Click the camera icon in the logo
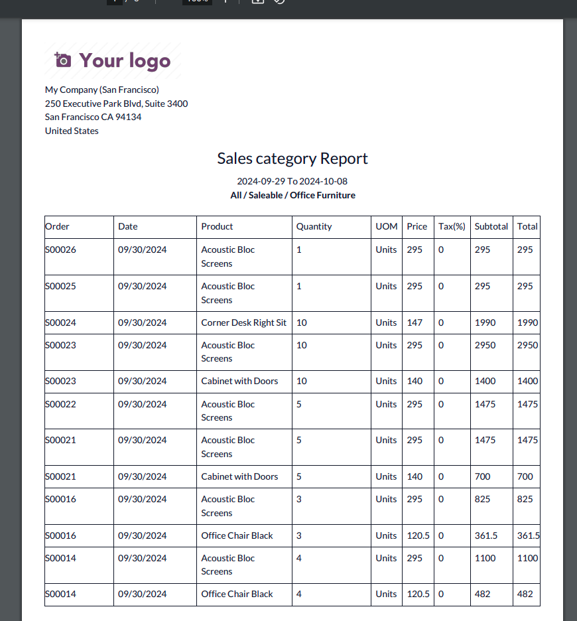pyautogui.click(x=62, y=60)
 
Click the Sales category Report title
pyautogui.click(x=292, y=159)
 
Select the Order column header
pyautogui.click(x=57, y=226)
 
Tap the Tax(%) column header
pyautogui.click(x=452, y=226)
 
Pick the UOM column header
pyautogui.click(x=386, y=226)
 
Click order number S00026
pyautogui.click(x=60, y=250)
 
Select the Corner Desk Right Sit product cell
pyautogui.click(x=243, y=322)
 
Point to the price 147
pyautogui.click(x=415, y=322)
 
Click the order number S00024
pyautogui.click(x=60, y=322)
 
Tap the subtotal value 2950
pyautogui.click(x=485, y=345)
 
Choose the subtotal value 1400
pyautogui.click(x=485, y=381)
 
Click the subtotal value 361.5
pyautogui.click(x=486, y=535)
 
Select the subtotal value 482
pyautogui.click(x=482, y=594)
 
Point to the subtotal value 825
pyautogui.click(x=482, y=499)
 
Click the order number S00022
pyautogui.click(x=60, y=404)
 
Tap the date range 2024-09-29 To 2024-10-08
pyautogui.click(x=292, y=181)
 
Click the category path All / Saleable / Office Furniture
pyautogui.click(x=292, y=195)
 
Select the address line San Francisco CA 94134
pyautogui.click(x=93, y=117)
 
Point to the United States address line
pyautogui.click(x=72, y=131)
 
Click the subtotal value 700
pyautogui.click(x=482, y=476)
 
